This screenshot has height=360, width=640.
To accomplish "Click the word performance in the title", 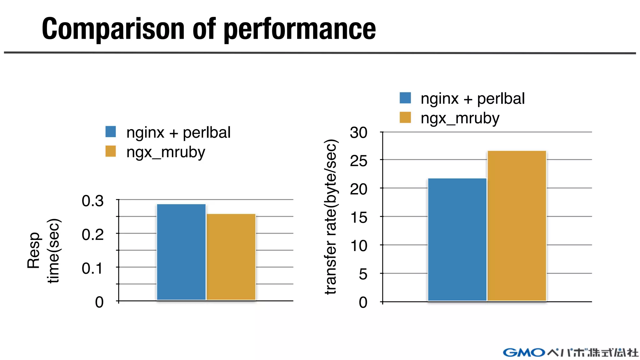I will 300,29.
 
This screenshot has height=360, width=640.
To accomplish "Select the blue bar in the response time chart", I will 181,252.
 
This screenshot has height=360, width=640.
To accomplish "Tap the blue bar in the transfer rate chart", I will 457,239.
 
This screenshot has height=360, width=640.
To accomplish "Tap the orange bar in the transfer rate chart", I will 517,226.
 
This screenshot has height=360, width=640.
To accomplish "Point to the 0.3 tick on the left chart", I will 92,201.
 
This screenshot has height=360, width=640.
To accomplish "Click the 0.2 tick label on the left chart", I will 92,235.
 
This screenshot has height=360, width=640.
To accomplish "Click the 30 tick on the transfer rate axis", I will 358,133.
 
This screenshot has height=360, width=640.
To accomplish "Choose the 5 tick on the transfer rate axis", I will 363,274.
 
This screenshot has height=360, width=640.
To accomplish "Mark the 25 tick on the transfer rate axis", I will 358,161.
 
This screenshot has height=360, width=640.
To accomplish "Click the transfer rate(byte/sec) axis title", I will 331,217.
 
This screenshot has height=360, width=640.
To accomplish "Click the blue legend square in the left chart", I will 111,132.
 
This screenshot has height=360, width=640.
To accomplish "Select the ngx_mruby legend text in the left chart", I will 166,152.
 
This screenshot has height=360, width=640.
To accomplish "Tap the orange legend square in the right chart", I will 405,117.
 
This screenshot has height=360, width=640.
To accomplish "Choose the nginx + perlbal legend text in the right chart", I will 472,99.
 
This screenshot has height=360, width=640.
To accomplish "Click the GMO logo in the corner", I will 524,352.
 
